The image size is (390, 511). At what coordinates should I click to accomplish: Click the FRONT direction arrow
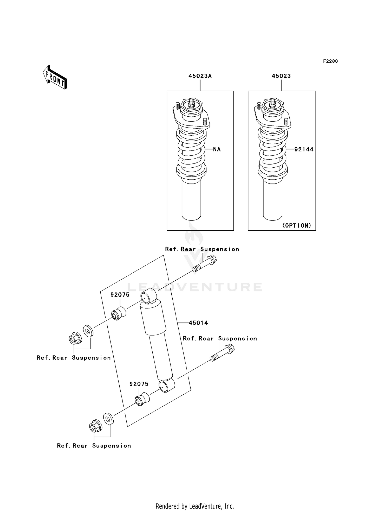click(x=55, y=78)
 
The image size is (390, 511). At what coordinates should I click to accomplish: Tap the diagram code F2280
click(x=330, y=61)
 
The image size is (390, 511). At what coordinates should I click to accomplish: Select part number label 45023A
click(x=200, y=76)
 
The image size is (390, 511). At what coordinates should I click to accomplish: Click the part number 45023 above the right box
click(x=281, y=76)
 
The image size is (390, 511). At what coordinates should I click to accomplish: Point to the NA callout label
click(x=217, y=149)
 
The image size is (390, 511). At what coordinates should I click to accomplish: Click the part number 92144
click(x=304, y=149)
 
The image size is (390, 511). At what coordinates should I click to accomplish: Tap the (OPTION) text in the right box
click(x=296, y=225)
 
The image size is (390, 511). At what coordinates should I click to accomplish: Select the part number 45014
click(x=198, y=323)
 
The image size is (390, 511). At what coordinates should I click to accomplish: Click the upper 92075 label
click(x=120, y=295)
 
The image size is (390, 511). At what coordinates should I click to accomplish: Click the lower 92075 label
click(x=139, y=384)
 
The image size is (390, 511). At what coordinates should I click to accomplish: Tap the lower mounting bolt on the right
click(x=222, y=352)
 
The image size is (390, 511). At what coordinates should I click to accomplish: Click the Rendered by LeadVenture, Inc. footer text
click(x=195, y=506)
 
